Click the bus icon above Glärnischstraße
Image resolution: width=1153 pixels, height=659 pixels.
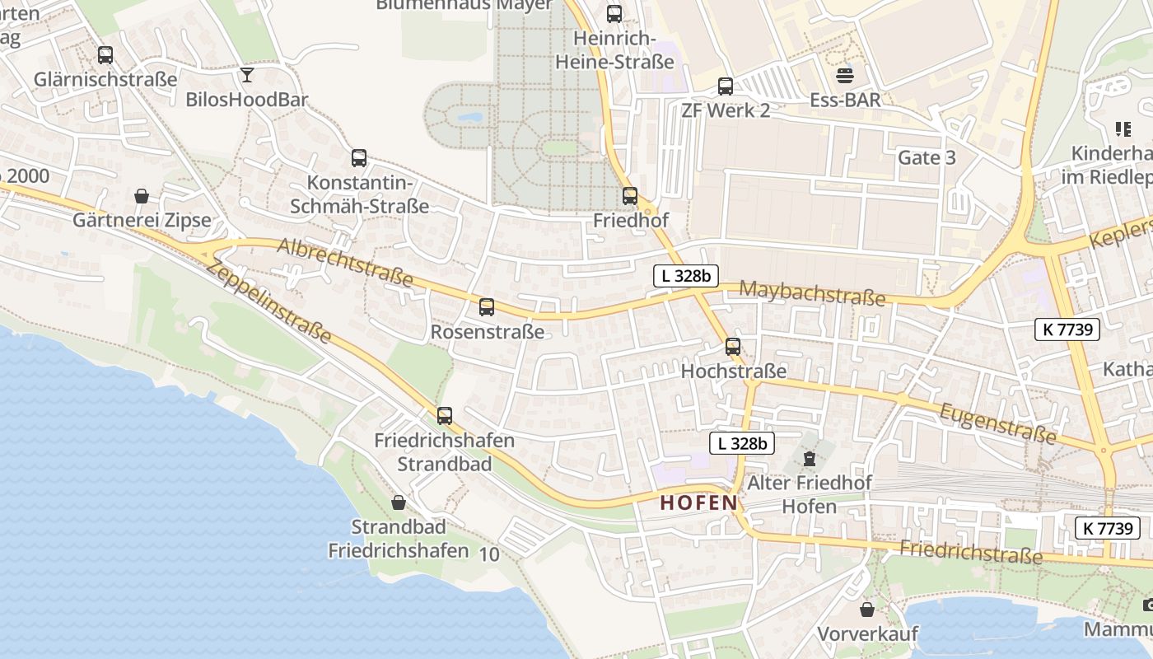click(x=105, y=55)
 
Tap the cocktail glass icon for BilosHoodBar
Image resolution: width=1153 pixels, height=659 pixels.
click(x=247, y=76)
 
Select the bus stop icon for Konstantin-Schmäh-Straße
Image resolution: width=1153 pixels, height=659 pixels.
click(x=359, y=158)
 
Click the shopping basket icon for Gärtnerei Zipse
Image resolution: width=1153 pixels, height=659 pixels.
click(x=142, y=196)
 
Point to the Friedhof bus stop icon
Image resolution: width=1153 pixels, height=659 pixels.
click(x=630, y=196)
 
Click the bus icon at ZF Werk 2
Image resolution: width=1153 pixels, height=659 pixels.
click(x=726, y=86)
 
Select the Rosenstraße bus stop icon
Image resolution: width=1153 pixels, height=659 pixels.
click(x=487, y=307)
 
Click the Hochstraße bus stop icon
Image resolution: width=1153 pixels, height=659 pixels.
click(x=733, y=347)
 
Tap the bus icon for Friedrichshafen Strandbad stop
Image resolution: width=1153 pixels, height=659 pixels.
click(x=445, y=416)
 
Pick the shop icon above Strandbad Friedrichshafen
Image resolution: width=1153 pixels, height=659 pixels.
click(x=399, y=502)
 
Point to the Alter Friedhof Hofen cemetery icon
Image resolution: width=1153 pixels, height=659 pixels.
click(x=810, y=458)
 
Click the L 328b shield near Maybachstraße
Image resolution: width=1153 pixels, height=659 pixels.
click(x=686, y=276)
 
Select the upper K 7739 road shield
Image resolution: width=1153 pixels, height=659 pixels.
click(x=1067, y=329)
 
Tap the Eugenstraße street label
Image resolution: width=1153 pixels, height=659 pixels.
click(x=997, y=423)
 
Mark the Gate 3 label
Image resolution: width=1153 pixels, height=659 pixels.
click(x=927, y=157)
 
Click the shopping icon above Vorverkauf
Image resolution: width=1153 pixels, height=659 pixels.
click(x=867, y=610)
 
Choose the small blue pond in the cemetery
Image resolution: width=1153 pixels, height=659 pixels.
click(x=470, y=118)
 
